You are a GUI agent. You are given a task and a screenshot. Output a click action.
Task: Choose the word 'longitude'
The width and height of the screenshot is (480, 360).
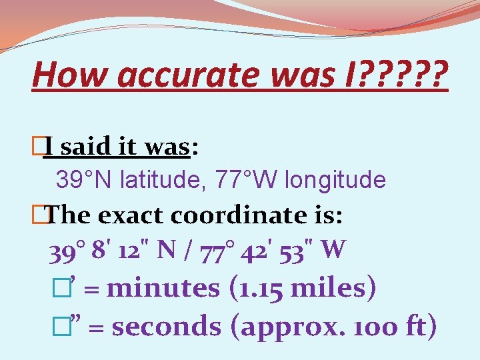(336, 179)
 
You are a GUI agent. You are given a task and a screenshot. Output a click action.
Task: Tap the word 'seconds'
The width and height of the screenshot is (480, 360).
(166, 327)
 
